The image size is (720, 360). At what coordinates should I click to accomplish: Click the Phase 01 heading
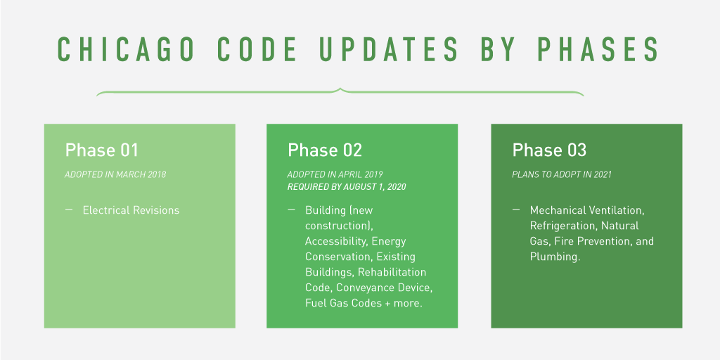click(102, 150)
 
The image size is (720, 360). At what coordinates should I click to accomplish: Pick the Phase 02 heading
click(325, 150)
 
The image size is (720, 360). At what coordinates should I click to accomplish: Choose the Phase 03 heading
click(549, 150)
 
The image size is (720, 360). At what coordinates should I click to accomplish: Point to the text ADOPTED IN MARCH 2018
click(116, 174)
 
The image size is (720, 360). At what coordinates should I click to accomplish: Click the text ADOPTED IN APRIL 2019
click(335, 174)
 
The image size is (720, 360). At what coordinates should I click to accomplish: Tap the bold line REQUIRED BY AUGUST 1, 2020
click(347, 187)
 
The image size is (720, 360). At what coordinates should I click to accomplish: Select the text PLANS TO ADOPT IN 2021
click(562, 174)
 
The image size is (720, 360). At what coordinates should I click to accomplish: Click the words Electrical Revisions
click(131, 210)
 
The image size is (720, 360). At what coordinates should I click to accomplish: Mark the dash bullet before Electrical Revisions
click(69, 210)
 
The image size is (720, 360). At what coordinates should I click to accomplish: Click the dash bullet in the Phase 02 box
click(292, 210)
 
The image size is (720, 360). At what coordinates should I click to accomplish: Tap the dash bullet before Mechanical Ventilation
click(516, 210)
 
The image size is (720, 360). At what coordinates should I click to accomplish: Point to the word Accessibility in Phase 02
click(335, 241)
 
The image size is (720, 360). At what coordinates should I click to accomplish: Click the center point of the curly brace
click(340, 91)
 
